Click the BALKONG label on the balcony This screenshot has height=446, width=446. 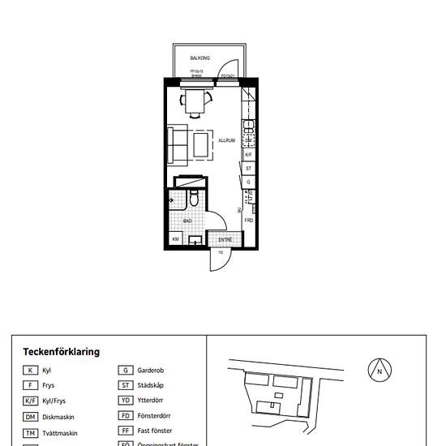201,58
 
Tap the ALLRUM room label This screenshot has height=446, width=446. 226,140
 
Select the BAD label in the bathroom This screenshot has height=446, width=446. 187,221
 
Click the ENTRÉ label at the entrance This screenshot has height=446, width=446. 225,239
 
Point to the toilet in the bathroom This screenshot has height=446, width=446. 195,199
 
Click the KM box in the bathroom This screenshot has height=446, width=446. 175,239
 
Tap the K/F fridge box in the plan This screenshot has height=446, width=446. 249,154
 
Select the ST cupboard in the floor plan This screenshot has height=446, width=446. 249,169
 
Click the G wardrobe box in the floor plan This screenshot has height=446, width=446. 249,182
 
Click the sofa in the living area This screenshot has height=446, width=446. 177,144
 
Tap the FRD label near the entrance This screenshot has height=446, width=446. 249,221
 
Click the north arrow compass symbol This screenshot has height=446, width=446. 380,371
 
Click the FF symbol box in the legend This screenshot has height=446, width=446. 126,431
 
